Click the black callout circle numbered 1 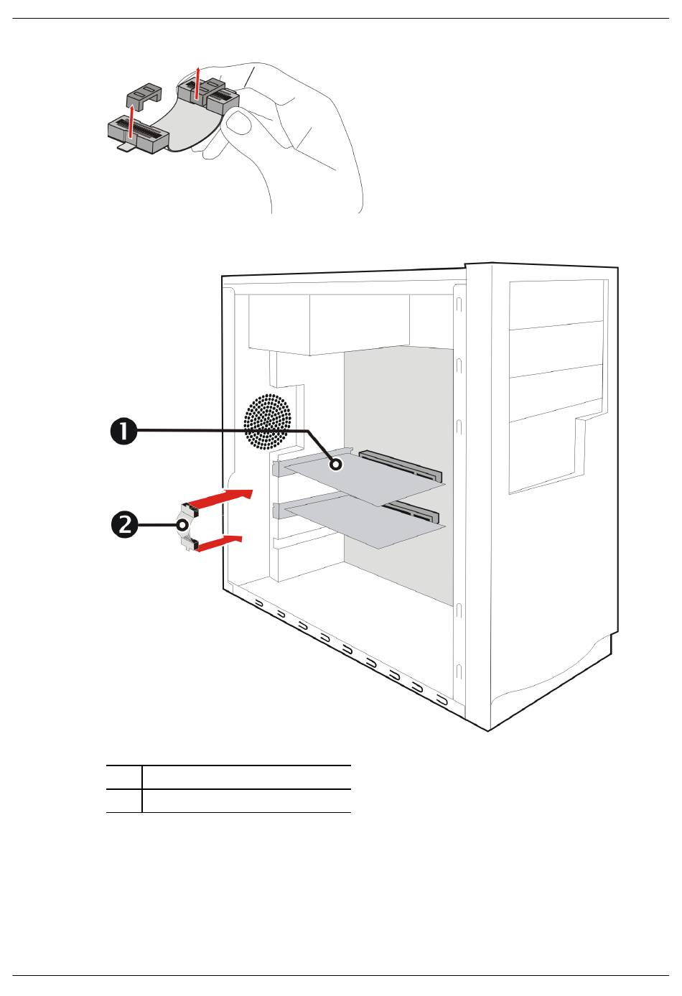coord(123,431)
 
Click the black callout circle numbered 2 coord(124,524)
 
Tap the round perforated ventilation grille coord(267,421)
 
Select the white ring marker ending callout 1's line coord(336,465)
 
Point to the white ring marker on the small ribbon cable coord(182,525)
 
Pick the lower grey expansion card coord(365,523)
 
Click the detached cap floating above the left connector coord(144,96)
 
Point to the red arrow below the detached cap coord(131,121)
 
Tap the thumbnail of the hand coord(236,121)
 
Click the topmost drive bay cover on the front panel coord(556,305)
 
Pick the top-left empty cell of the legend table coord(124,777)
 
